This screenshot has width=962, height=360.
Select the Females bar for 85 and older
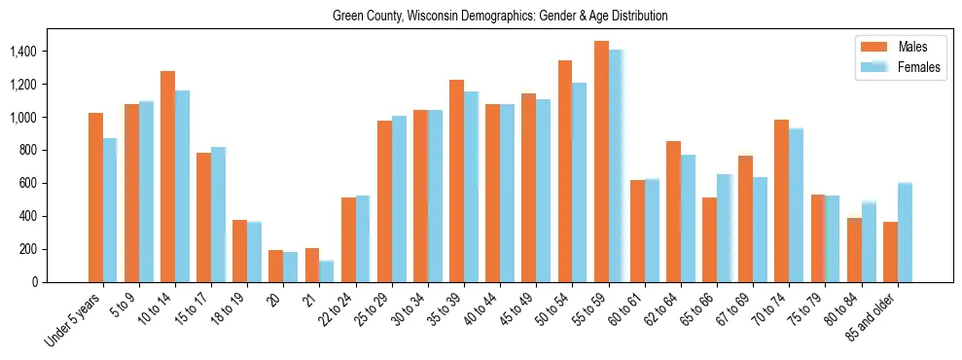tap(905, 233)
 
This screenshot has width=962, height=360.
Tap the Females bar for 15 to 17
tap(218, 214)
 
